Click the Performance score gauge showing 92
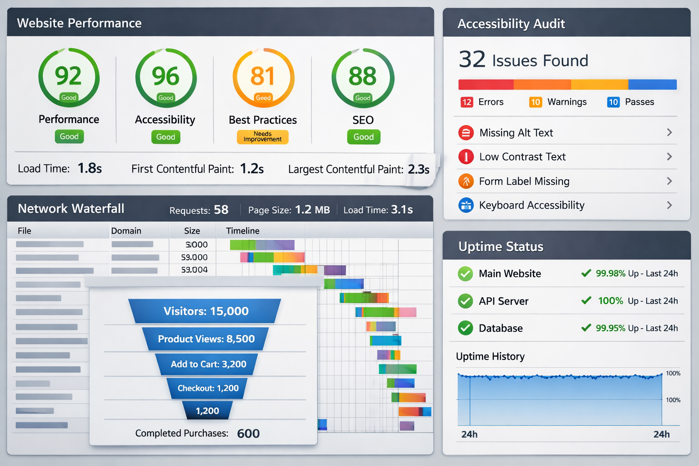pos(69,77)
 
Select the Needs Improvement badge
pos(263,137)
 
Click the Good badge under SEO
pos(364,137)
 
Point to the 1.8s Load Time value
pos(90,168)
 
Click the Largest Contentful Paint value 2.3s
pos(419,169)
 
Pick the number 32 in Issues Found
pos(472,60)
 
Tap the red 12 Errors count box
pos(466,102)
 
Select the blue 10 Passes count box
pos(613,102)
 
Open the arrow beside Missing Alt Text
pos(669,132)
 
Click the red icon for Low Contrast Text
pos(466,157)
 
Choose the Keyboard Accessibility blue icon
pos(466,205)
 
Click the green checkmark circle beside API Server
pos(466,301)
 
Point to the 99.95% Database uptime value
pos(610,328)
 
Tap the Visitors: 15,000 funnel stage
pos(206,311)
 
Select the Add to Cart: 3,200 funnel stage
pos(208,364)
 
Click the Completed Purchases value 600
pos(248,434)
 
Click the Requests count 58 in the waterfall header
pos(221,210)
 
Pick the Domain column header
pos(126,231)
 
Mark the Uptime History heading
pos(490,356)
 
